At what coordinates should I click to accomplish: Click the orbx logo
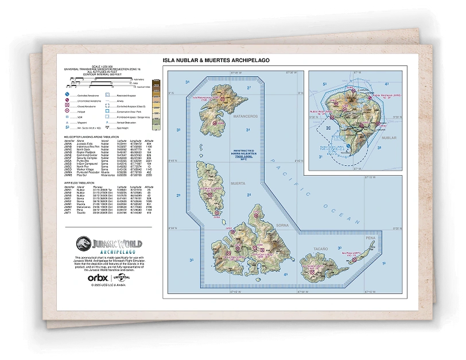(x=96, y=278)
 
